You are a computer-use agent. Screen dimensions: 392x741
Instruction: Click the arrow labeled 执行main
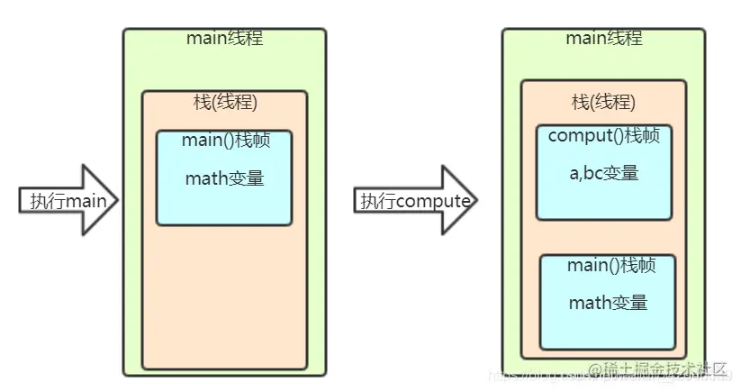pyautogui.click(x=68, y=200)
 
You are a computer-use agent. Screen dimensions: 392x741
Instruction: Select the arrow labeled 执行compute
pyautogui.click(x=415, y=200)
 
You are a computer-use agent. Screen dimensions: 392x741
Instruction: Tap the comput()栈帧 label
pyautogui.click(x=603, y=136)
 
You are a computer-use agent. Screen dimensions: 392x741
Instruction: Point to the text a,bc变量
pyautogui.click(x=603, y=172)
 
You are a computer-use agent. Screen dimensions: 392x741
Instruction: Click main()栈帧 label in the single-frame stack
pyautogui.click(x=224, y=141)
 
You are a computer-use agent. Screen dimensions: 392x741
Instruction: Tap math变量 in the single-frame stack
pyautogui.click(x=224, y=178)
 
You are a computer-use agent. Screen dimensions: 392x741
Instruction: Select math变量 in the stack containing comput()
pyautogui.click(x=608, y=302)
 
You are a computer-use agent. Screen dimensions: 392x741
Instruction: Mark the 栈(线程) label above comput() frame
pyautogui.click(x=603, y=102)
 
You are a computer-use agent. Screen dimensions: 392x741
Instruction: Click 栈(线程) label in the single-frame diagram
pyautogui.click(x=225, y=102)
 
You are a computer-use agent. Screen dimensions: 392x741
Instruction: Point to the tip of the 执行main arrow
pyautogui.click(x=117, y=200)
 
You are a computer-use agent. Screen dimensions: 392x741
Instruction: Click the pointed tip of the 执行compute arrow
pyautogui.click(x=475, y=200)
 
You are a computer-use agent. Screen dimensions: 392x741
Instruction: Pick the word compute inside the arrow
pyautogui.click(x=433, y=201)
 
